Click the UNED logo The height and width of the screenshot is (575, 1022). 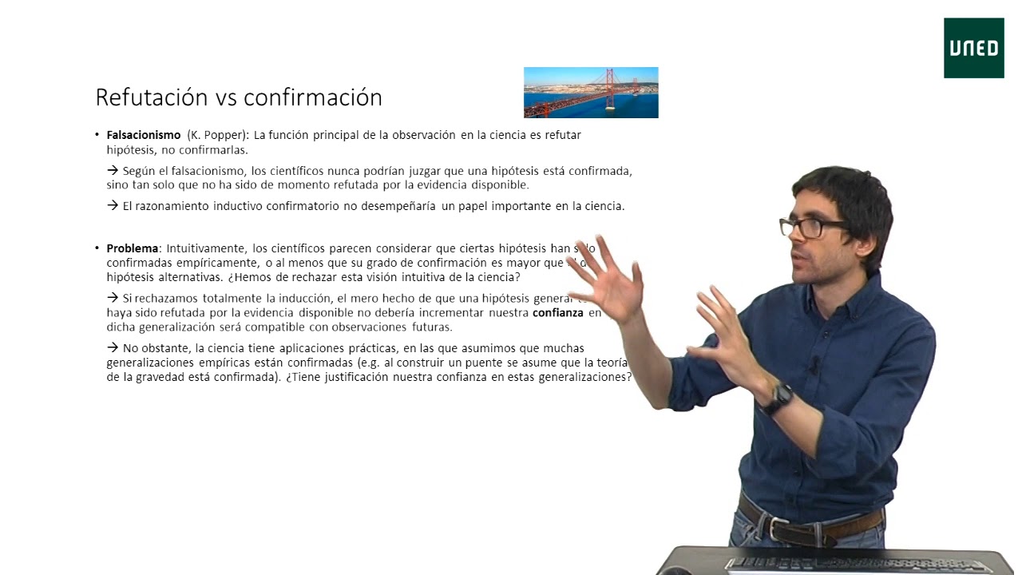[x=973, y=48]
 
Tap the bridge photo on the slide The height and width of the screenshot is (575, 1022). [x=591, y=93]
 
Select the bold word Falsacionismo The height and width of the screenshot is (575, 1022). [x=144, y=135]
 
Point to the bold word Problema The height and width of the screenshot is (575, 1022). [x=133, y=248]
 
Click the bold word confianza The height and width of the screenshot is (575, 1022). [x=558, y=313]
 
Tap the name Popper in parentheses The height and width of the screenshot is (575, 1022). [x=221, y=135]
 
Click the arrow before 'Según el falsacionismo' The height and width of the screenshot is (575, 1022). [x=113, y=170]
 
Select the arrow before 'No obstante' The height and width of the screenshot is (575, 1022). [x=113, y=347]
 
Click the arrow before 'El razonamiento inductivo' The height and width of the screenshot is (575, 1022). [x=113, y=205]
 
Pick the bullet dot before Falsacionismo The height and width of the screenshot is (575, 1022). [x=97, y=135]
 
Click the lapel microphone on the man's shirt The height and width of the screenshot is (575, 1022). [x=814, y=367]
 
